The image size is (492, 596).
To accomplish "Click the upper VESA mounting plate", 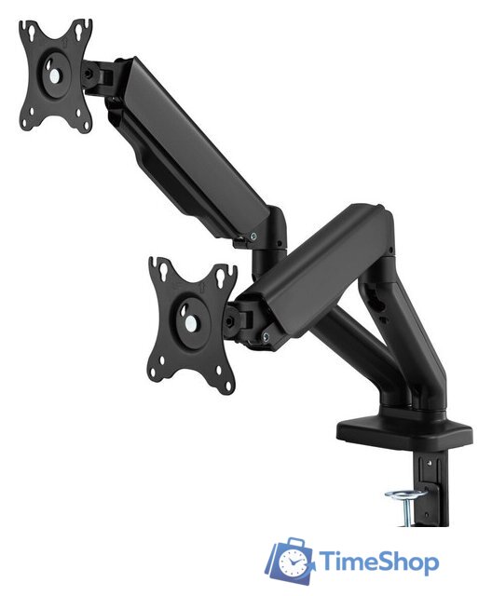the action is click(x=56, y=75).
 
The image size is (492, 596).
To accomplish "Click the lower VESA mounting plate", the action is click(x=192, y=324).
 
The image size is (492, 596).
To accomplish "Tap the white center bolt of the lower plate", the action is click(x=191, y=323).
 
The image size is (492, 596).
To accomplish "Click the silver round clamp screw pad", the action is click(x=405, y=494).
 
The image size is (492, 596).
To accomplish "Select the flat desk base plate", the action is click(x=404, y=432).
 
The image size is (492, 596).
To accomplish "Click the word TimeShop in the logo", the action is click(x=378, y=562).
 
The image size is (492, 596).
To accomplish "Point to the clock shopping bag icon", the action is click(x=290, y=560).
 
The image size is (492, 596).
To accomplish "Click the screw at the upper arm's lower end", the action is click(x=253, y=236).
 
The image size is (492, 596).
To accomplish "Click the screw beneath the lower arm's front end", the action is click(x=266, y=335).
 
